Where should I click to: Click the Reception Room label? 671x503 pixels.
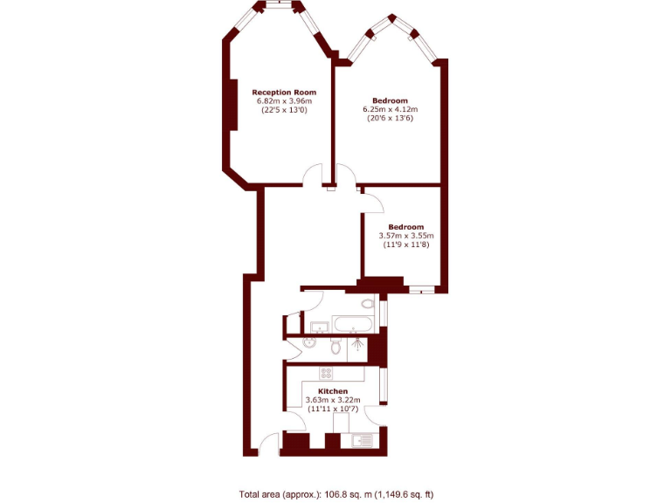point(284,92)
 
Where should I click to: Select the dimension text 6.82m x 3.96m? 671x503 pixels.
point(284,101)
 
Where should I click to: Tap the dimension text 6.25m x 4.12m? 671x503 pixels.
point(391,109)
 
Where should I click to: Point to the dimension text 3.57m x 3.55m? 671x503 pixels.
point(406,236)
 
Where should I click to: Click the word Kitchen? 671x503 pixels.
point(333,391)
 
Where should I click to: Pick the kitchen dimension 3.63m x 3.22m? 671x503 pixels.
point(333,400)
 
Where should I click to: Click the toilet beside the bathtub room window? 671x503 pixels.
point(368,304)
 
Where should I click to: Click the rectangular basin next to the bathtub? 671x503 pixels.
point(320,327)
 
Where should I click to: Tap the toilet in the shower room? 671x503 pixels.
point(336,348)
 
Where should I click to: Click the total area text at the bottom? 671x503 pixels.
point(335,494)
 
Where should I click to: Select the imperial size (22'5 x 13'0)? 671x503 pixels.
point(284,111)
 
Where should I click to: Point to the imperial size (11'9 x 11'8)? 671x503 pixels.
point(406,245)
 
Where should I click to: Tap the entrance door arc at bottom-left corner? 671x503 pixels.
point(270,443)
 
